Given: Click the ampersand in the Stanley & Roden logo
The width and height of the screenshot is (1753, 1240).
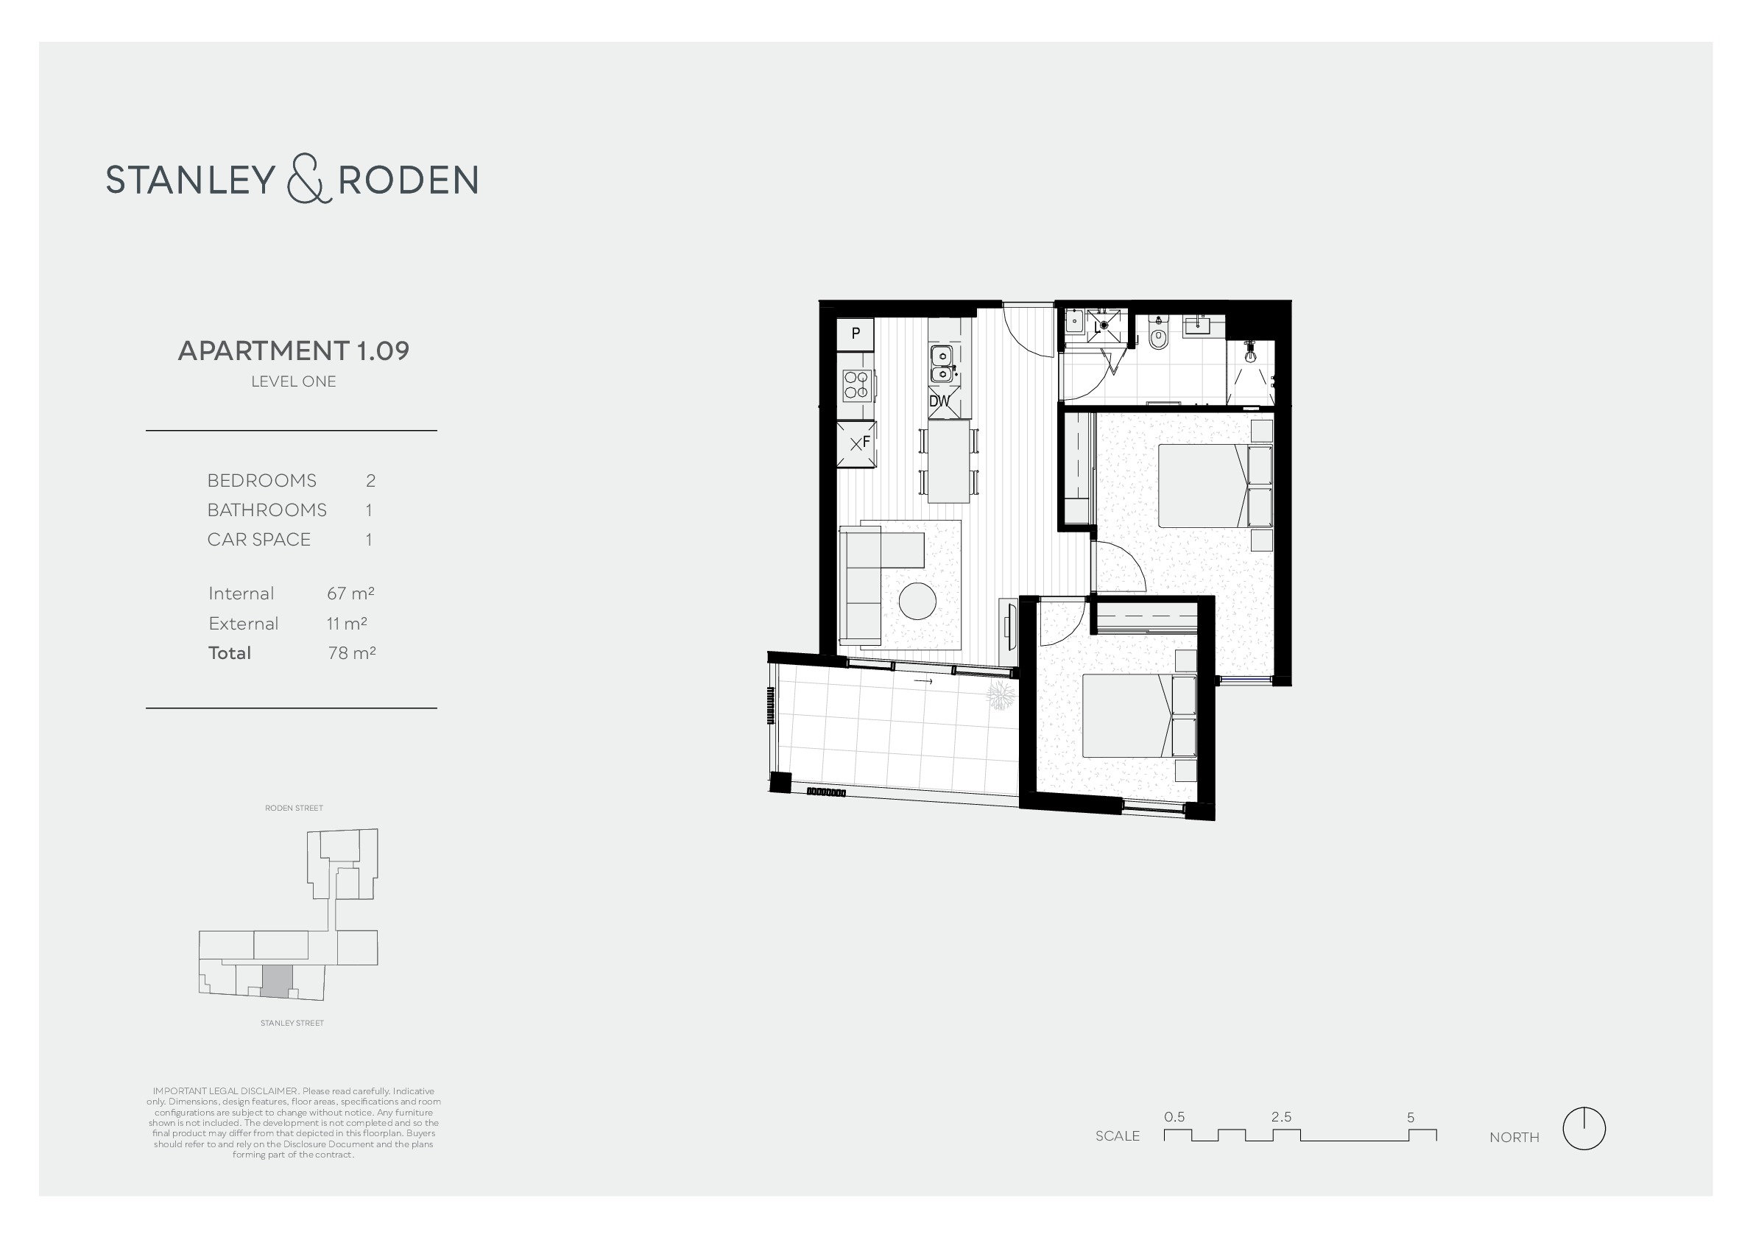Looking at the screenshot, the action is [x=309, y=179].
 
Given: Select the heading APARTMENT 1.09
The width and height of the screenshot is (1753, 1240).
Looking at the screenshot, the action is [x=294, y=350].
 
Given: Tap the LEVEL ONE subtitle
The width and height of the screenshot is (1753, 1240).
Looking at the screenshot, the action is [x=294, y=381].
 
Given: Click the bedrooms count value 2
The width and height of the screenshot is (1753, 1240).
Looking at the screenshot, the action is [x=371, y=480].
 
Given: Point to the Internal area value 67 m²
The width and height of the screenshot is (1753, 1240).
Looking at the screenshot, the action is [x=350, y=593].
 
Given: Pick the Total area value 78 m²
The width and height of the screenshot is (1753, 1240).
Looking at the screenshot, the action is [x=352, y=653].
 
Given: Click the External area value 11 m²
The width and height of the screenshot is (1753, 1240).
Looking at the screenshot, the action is [x=347, y=623].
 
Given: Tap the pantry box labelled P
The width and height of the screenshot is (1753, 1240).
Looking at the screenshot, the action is [x=856, y=334].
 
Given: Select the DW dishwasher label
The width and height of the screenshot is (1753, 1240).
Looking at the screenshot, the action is [x=939, y=401].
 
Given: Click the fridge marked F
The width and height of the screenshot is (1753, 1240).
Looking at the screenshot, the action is [x=857, y=443].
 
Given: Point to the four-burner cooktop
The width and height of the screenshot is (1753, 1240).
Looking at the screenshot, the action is [x=858, y=385].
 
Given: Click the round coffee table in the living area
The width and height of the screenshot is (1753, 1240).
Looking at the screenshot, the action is [x=917, y=601].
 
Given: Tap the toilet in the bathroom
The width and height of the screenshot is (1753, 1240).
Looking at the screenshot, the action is [x=1158, y=334].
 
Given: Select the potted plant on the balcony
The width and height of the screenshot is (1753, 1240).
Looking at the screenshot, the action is [x=1001, y=696].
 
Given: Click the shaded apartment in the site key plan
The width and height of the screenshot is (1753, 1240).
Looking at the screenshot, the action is [x=277, y=981].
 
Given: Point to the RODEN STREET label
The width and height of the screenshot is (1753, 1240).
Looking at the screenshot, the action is [x=294, y=808].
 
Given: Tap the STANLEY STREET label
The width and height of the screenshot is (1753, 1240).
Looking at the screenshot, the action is [x=292, y=1024].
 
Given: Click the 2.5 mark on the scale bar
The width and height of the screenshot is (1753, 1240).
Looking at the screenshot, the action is [x=1281, y=1117].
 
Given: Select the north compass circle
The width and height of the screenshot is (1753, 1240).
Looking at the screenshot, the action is [x=1584, y=1129].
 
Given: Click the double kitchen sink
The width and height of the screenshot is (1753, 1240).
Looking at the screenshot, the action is [x=942, y=364].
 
